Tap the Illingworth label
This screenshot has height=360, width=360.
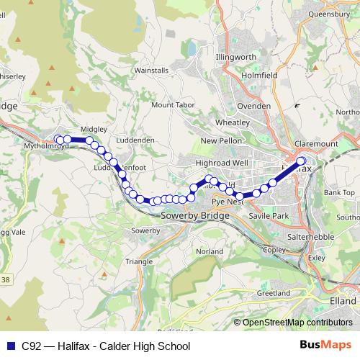point(235,56)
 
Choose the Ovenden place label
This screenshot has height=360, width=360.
point(254,106)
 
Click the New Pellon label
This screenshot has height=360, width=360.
point(220,140)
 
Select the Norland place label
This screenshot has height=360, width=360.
point(210,251)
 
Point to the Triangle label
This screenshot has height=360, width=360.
point(139,262)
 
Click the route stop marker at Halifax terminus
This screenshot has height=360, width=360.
point(301,161)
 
